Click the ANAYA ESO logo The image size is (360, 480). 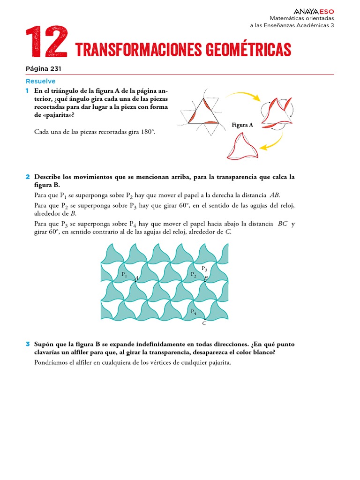314,12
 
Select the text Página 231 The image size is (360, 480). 44,69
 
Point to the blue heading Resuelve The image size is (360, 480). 41,81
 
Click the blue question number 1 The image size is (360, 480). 28,90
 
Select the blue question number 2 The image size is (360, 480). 28,177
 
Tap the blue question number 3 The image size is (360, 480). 28,344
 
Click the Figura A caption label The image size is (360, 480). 242,125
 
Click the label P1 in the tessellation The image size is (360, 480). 124,275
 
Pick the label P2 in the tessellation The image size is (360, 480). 194,274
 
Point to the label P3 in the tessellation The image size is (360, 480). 204,269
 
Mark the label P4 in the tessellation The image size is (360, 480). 194,312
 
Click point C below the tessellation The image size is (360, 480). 204,323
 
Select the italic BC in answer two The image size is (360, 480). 283,224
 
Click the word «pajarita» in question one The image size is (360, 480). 59,115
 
